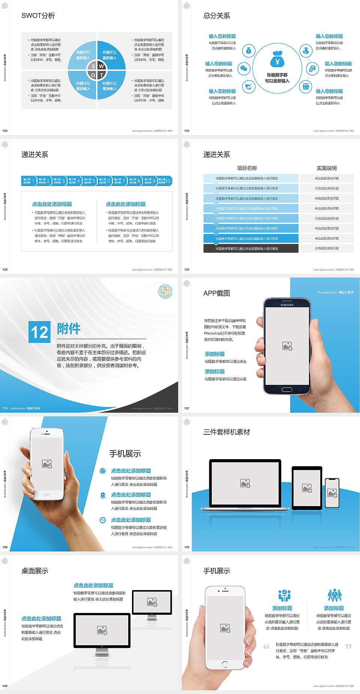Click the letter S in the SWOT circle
tap(93, 66)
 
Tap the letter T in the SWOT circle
tap(101, 75)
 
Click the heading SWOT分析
tap(38, 16)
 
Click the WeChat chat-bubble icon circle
tap(244, 69)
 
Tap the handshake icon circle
tap(248, 87)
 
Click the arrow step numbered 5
tap(89, 181)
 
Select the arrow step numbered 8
tap(134, 181)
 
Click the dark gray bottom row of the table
tap(251, 248)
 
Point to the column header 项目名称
tap(247, 168)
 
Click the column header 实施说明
tap(327, 168)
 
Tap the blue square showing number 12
tap(39, 332)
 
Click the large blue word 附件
tap(69, 329)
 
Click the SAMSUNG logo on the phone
tap(287, 305)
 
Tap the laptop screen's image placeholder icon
tap(245, 483)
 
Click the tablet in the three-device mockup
tap(307, 488)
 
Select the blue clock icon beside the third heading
tap(103, 520)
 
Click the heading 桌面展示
tap(35, 571)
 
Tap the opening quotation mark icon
tap(267, 646)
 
